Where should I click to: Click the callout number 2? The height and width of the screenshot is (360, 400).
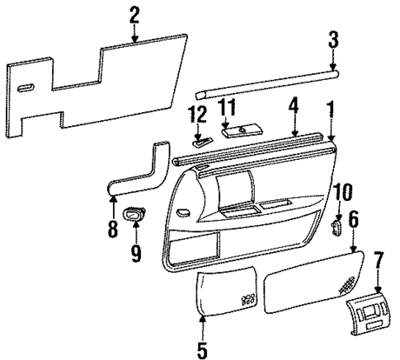coord(134,13)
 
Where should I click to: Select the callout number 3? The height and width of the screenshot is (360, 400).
coord(333,38)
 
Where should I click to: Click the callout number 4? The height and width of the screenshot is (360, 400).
coord(293,105)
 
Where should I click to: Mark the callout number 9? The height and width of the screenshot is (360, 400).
coord(136,249)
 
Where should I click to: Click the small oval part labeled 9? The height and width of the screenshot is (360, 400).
coord(134,215)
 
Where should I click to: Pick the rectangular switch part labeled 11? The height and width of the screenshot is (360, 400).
coord(241,130)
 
